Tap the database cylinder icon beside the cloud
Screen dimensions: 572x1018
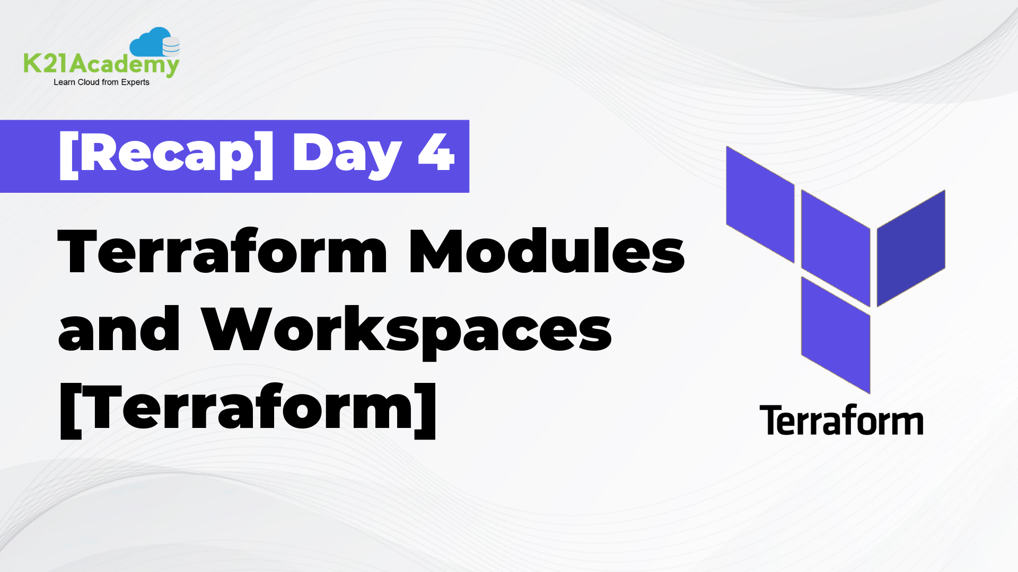pyautogui.click(x=171, y=47)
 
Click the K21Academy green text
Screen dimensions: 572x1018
pyautogui.click(x=101, y=65)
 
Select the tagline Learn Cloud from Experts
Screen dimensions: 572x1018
pyautogui.click(x=101, y=82)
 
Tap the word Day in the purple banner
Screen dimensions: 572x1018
pyautogui.click(x=347, y=155)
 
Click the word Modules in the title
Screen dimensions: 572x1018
pyautogui.click(x=546, y=252)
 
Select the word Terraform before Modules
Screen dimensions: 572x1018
pyautogui.click(x=223, y=252)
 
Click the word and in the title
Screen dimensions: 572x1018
pyautogui.click(x=119, y=329)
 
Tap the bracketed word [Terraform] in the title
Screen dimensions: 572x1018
pyautogui.click(x=248, y=409)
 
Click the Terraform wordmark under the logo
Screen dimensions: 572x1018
pyautogui.click(x=841, y=421)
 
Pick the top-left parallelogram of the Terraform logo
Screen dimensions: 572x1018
pyautogui.click(x=760, y=204)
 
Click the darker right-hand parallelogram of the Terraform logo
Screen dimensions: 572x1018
pyautogui.click(x=911, y=248)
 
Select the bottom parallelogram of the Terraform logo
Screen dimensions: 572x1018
pyautogui.click(x=835, y=335)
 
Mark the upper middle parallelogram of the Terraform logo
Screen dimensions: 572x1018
pyautogui.click(x=835, y=248)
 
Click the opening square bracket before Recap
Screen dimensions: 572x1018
pyautogui.click(x=68, y=155)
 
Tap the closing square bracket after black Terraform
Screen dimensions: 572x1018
pyautogui.click(x=426, y=410)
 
